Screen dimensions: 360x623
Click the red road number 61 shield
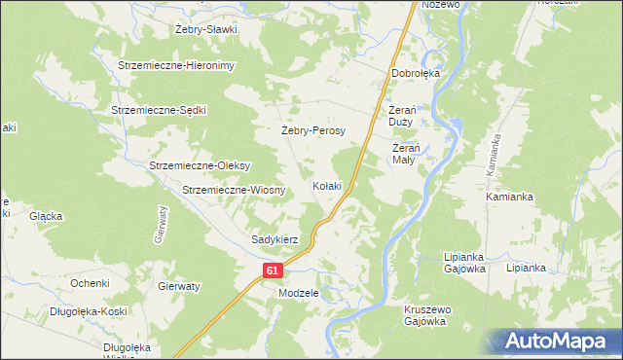coord(274,271)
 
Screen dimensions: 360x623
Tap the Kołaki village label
coord(327,185)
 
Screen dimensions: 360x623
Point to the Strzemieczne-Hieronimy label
coord(177,64)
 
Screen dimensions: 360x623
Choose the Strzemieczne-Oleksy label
coord(201,165)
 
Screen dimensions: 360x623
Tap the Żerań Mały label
coord(404,154)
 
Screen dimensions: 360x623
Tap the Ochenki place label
coord(89,282)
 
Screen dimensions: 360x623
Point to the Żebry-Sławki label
coord(206,29)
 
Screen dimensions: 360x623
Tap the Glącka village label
coord(46,216)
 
